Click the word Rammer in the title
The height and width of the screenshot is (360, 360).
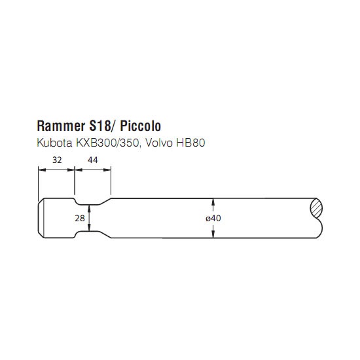[61, 126]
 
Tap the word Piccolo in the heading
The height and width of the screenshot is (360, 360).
[141, 126]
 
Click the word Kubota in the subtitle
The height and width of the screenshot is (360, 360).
[54, 143]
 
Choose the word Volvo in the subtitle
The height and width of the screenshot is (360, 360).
[159, 143]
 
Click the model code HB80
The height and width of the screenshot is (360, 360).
[190, 143]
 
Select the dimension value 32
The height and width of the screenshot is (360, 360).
[57, 160]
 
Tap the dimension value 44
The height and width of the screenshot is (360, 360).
[93, 160]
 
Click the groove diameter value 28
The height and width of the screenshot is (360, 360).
[80, 218]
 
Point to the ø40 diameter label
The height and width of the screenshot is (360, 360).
[213, 218]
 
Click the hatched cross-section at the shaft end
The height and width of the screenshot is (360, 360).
[316, 208]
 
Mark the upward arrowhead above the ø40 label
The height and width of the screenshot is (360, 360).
[213, 202]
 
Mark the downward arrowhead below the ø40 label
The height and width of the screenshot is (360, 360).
[213, 234]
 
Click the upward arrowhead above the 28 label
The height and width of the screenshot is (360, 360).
[89, 208]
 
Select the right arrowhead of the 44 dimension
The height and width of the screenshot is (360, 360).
[107, 170]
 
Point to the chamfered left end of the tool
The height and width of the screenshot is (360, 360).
[41, 218]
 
